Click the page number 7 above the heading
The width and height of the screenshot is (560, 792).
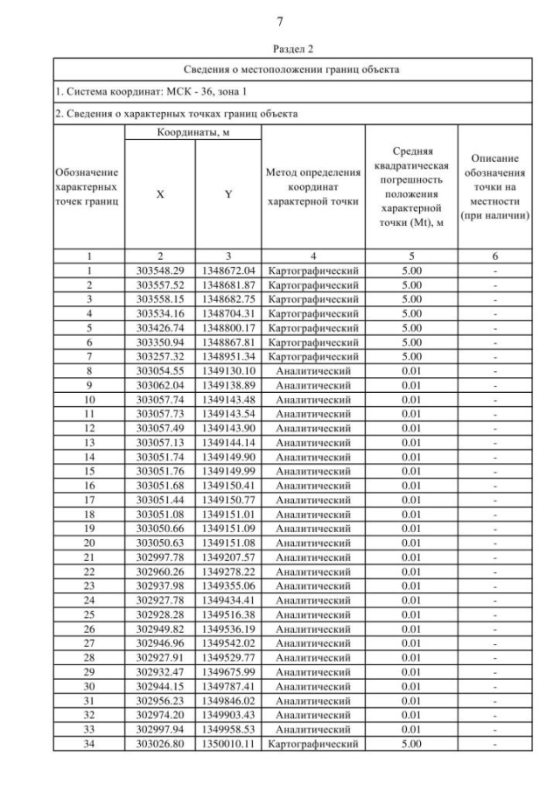pyautogui.click(x=280, y=21)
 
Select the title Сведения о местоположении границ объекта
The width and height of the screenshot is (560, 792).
pyautogui.click(x=291, y=69)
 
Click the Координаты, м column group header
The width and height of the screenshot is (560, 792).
pyautogui.click(x=192, y=132)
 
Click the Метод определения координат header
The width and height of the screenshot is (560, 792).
pyautogui.click(x=313, y=186)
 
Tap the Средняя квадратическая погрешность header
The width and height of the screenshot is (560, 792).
pyautogui.click(x=410, y=186)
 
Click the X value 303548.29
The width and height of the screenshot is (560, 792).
pyautogui.click(x=161, y=270)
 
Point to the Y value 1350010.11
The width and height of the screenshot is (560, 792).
pyautogui.click(x=228, y=743)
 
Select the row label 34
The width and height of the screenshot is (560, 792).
pyautogui.click(x=89, y=743)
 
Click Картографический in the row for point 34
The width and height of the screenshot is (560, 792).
pyautogui.click(x=313, y=743)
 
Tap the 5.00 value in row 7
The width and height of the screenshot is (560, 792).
pyautogui.click(x=410, y=356)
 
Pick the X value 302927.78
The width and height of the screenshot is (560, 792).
pyautogui.click(x=161, y=600)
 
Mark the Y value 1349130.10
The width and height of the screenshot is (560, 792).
pyautogui.click(x=228, y=371)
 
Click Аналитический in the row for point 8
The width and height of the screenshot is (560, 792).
pyautogui.click(x=313, y=371)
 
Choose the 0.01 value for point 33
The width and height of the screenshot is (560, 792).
pyautogui.click(x=410, y=729)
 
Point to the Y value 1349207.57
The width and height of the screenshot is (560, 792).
pyautogui.click(x=228, y=557)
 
